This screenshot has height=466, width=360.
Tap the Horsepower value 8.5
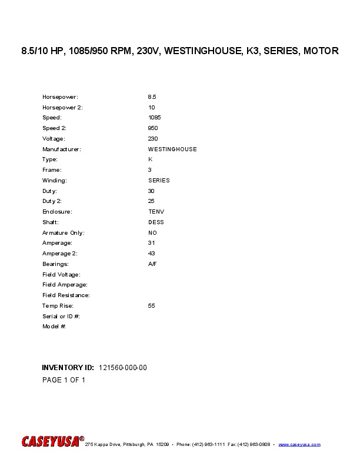click(152, 96)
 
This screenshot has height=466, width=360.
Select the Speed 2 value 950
click(152, 128)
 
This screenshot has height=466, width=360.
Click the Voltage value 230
click(152, 138)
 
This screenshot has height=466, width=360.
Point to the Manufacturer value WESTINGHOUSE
click(172, 149)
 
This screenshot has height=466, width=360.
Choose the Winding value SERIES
click(159, 181)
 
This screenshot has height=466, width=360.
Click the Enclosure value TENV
click(156, 211)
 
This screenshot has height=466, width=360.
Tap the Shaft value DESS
click(156, 222)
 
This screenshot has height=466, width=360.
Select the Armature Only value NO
click(152, 233)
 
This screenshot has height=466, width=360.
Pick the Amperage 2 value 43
click(151, 253)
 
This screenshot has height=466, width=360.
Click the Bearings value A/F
click(152, 264)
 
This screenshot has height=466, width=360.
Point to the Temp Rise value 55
click(151, 306)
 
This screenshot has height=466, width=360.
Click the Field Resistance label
click(66, 295)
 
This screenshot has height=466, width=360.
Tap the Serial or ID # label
click(61, 316)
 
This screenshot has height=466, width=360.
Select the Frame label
click(52, 170)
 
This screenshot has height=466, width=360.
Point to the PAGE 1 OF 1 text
click(64, 380)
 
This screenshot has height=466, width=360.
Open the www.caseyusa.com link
click(299, 444)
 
